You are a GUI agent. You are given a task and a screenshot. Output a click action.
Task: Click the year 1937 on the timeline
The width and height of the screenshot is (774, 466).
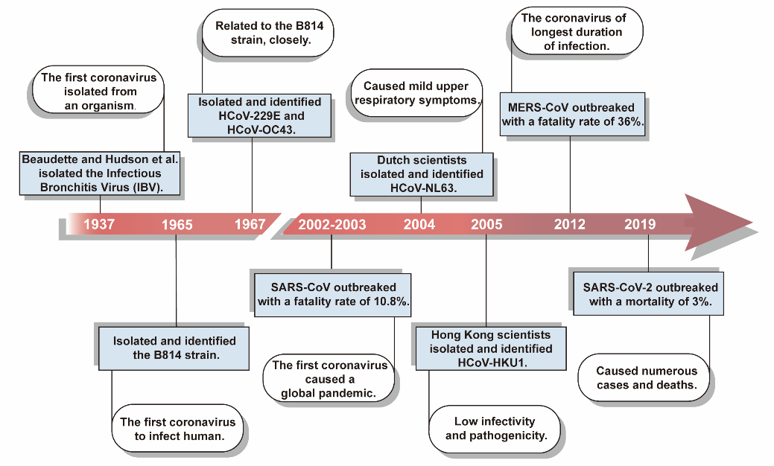pyautogui.click(x=99, y=224)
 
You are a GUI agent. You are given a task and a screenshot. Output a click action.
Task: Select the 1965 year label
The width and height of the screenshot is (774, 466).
pyautogui.click(x=177, y=225)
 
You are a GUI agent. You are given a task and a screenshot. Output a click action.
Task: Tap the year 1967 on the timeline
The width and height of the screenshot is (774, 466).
pyautogui.click(x=250, y=224)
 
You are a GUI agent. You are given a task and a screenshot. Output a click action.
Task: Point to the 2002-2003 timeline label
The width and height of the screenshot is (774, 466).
pyautogui.click(x=332, y=225)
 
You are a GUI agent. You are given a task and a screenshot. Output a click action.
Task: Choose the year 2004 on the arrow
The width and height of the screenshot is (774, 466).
pyautogui.click(x=419, y=225)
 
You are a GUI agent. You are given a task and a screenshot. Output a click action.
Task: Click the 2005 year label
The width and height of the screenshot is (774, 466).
pyautogui.click(x=486, y=225)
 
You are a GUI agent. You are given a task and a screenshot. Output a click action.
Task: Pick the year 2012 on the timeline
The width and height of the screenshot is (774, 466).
pyautogui.click(x=570, y=224)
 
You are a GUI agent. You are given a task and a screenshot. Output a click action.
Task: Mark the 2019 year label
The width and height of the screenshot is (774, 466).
pyautogui.click(x=640, y=224)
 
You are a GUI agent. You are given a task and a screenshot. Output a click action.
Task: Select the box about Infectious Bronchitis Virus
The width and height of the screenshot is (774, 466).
pyautogui.click(x=100, y=173)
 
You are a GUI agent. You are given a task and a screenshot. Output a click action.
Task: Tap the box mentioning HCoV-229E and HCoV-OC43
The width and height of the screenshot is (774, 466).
pyautogui.click(x=260, y=116)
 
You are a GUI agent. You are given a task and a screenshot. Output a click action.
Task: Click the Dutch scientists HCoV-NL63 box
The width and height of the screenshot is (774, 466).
pyautogui.click(x=422, y=174)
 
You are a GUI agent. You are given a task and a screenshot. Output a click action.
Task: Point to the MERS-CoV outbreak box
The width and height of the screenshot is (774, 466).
pyautogui.click(x=573, y=115)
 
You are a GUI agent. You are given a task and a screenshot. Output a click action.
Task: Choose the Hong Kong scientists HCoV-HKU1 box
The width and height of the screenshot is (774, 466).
pyautogui.click(x=491, y=348)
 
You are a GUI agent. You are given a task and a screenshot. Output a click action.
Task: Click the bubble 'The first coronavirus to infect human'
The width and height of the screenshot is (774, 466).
pyautogui.click(x=178, y=429)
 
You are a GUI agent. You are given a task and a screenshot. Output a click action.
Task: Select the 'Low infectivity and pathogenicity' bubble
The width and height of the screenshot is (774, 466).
pyautogui.click(x=495, y=429)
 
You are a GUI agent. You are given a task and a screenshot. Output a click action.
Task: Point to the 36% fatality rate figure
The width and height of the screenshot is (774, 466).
pyautogui.click(x=630, y=121)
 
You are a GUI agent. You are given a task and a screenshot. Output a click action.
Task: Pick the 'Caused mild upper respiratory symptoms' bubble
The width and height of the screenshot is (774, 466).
pyautogui.click(x=416, y=93)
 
